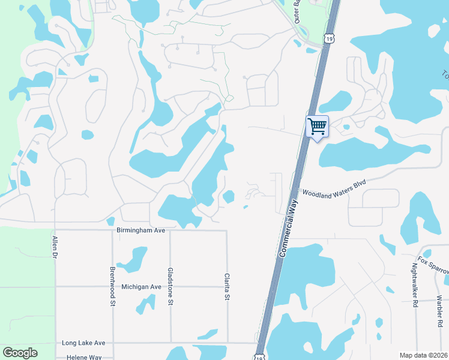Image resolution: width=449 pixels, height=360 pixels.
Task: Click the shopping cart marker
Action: pos(317,127)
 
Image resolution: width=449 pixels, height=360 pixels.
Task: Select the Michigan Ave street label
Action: pos(141,287)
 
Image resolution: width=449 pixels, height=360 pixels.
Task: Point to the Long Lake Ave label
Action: pos(83,343)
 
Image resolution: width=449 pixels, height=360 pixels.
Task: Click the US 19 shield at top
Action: pos(328,38)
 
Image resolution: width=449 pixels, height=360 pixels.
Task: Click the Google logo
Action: pos(20,353)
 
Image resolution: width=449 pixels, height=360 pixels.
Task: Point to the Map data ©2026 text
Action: pos(423,355)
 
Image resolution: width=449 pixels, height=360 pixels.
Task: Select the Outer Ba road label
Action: pos(296,11)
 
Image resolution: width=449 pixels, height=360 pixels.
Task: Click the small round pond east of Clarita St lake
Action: pos(229,196)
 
